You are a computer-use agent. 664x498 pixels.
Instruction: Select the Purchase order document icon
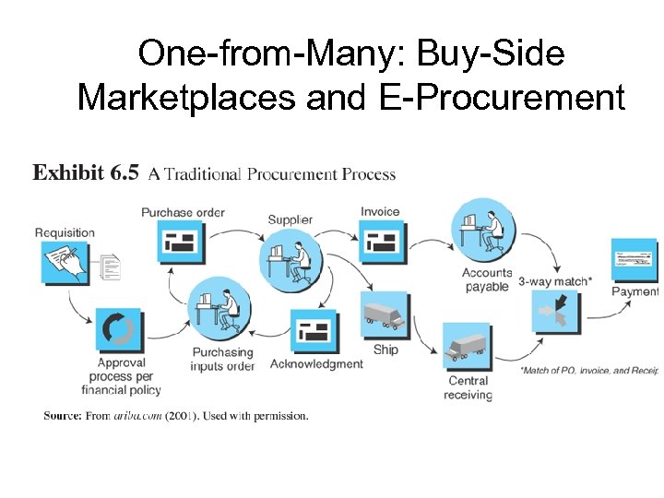tap(181, 243)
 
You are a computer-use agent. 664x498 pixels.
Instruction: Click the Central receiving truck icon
tap(468, 347)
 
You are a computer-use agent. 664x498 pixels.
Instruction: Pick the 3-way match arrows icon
tap(556, 313)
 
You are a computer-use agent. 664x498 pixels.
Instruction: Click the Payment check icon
tap(634, 260)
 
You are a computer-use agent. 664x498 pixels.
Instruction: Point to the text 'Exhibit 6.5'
tap(86, 173)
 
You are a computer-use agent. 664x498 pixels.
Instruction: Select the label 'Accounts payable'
tap(487, 279)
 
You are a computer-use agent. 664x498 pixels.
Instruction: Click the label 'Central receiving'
tap(468, 388)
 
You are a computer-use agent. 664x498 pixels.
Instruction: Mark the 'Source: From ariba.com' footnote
tap(176, 416)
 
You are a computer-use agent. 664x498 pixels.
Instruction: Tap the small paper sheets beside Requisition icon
tap(112, 267)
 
